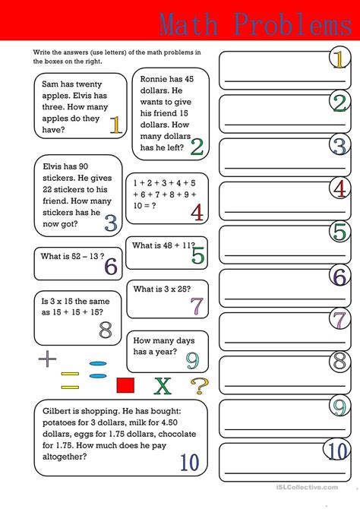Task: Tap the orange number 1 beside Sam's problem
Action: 115,125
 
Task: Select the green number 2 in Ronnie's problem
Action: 197,146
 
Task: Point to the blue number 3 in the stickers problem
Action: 111,223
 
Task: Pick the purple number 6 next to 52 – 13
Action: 111,266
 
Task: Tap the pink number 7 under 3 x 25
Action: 197,305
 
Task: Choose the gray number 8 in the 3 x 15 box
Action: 106,330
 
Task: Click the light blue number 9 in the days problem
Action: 192,359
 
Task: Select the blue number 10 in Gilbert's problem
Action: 189,461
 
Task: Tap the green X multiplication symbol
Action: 163,386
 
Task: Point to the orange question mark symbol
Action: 198,386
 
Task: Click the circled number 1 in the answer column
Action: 339,58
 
